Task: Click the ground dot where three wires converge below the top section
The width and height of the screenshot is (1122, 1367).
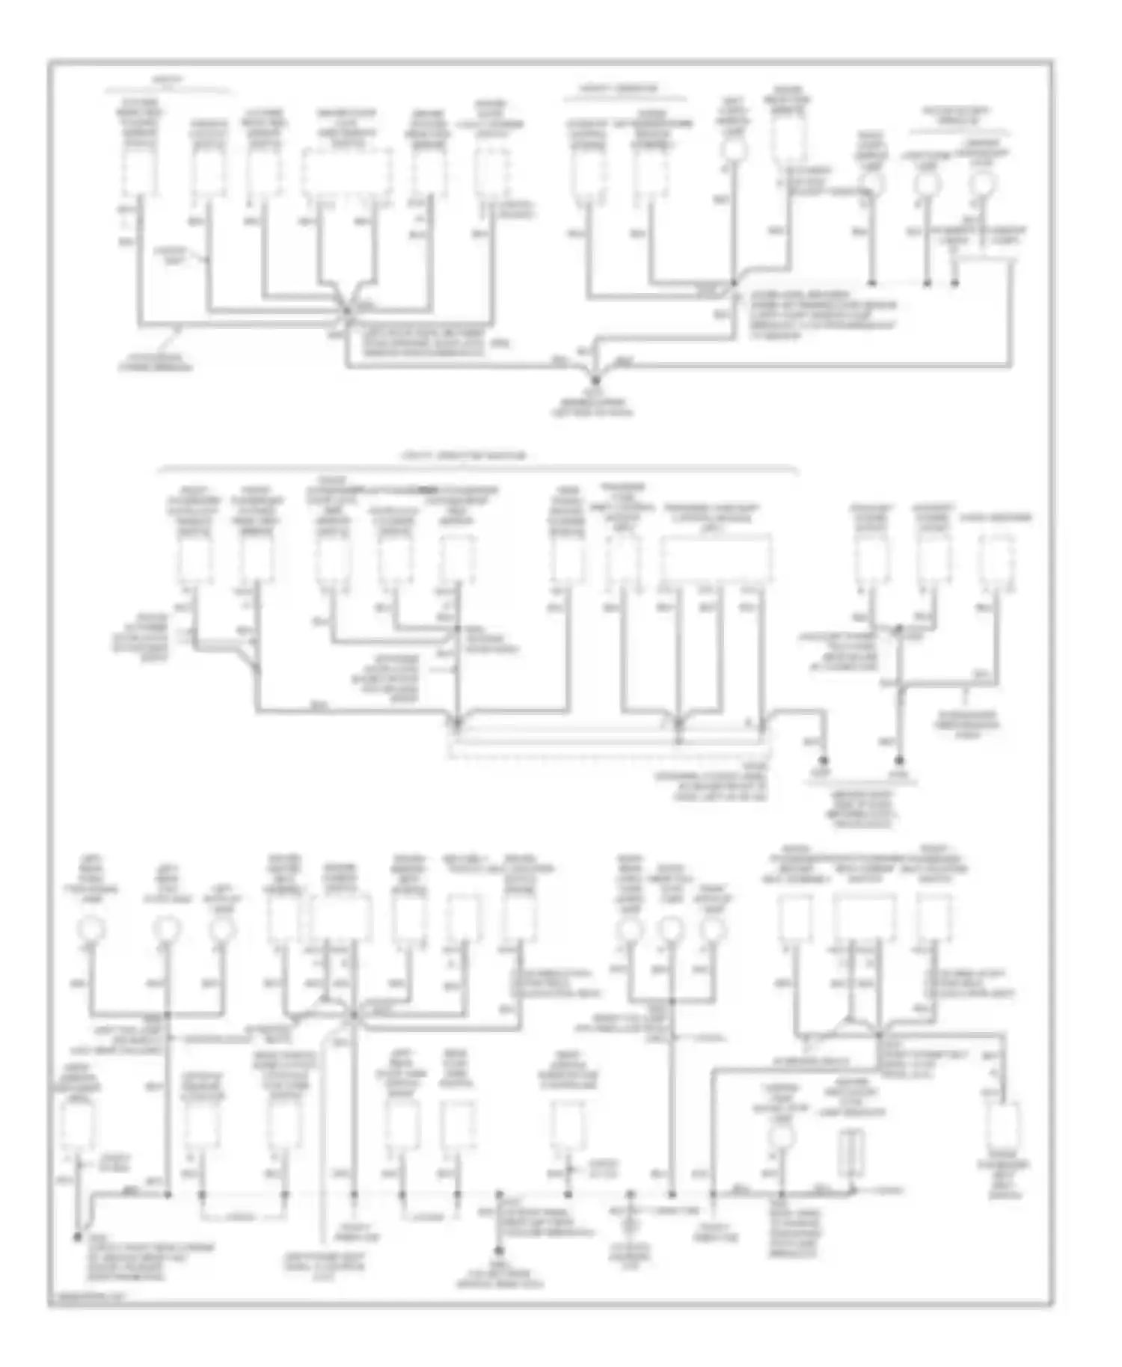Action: click(x=596, y=381)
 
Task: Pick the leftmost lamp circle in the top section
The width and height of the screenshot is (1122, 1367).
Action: click(x=733, y=150)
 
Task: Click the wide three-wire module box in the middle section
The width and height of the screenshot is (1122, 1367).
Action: click(x=717, y=558)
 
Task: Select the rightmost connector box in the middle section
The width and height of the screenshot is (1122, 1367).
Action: click(x=997, y=559)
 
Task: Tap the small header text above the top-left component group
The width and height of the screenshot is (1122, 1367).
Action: click(x=163, y=79)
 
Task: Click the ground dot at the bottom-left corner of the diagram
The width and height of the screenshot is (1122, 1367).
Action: click(x=77, y=1237)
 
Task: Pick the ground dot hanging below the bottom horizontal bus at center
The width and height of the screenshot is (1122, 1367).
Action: click(x=499, y=1250)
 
